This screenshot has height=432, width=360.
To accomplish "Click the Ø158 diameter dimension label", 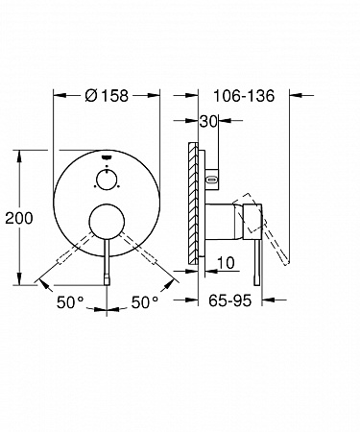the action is point(107,95).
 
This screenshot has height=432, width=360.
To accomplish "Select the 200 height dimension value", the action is point(19,218).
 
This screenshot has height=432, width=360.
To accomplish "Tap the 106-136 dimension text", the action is point(244,96).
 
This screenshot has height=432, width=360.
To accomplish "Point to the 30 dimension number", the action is point(208,121).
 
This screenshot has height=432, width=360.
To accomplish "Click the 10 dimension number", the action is point(226,263).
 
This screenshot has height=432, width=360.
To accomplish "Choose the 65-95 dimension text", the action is point(230,300).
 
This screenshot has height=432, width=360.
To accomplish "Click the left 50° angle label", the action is point(70,302).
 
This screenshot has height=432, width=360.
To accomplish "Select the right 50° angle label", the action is point(145,302).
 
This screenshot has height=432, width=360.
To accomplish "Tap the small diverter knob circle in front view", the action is point(107,180).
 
